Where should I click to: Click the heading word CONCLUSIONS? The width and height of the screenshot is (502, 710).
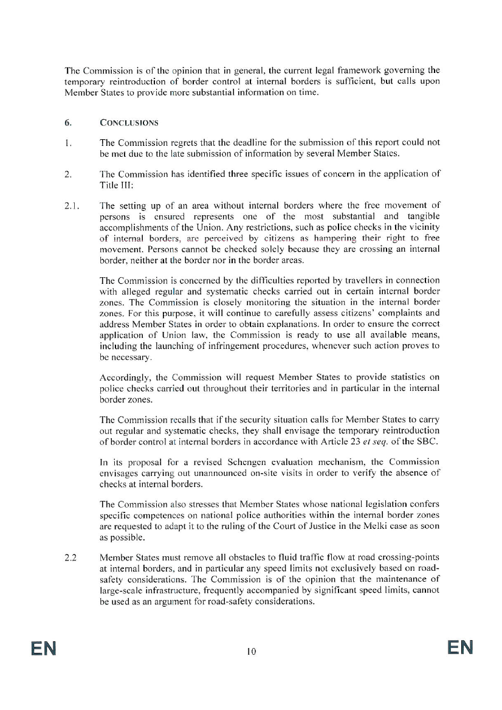129,123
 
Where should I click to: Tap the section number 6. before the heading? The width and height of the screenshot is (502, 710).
68,123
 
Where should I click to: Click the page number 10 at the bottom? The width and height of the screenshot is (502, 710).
250,651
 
